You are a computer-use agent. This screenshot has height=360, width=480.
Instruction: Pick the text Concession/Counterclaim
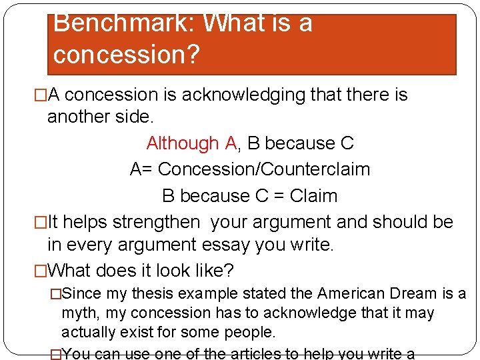pyautogui.click(x=264, y=169)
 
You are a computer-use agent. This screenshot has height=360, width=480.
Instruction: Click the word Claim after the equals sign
pyautogui.click(x=314, y=196)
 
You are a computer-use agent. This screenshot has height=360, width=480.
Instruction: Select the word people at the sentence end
pyautogui.click(x=241, y=332)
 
